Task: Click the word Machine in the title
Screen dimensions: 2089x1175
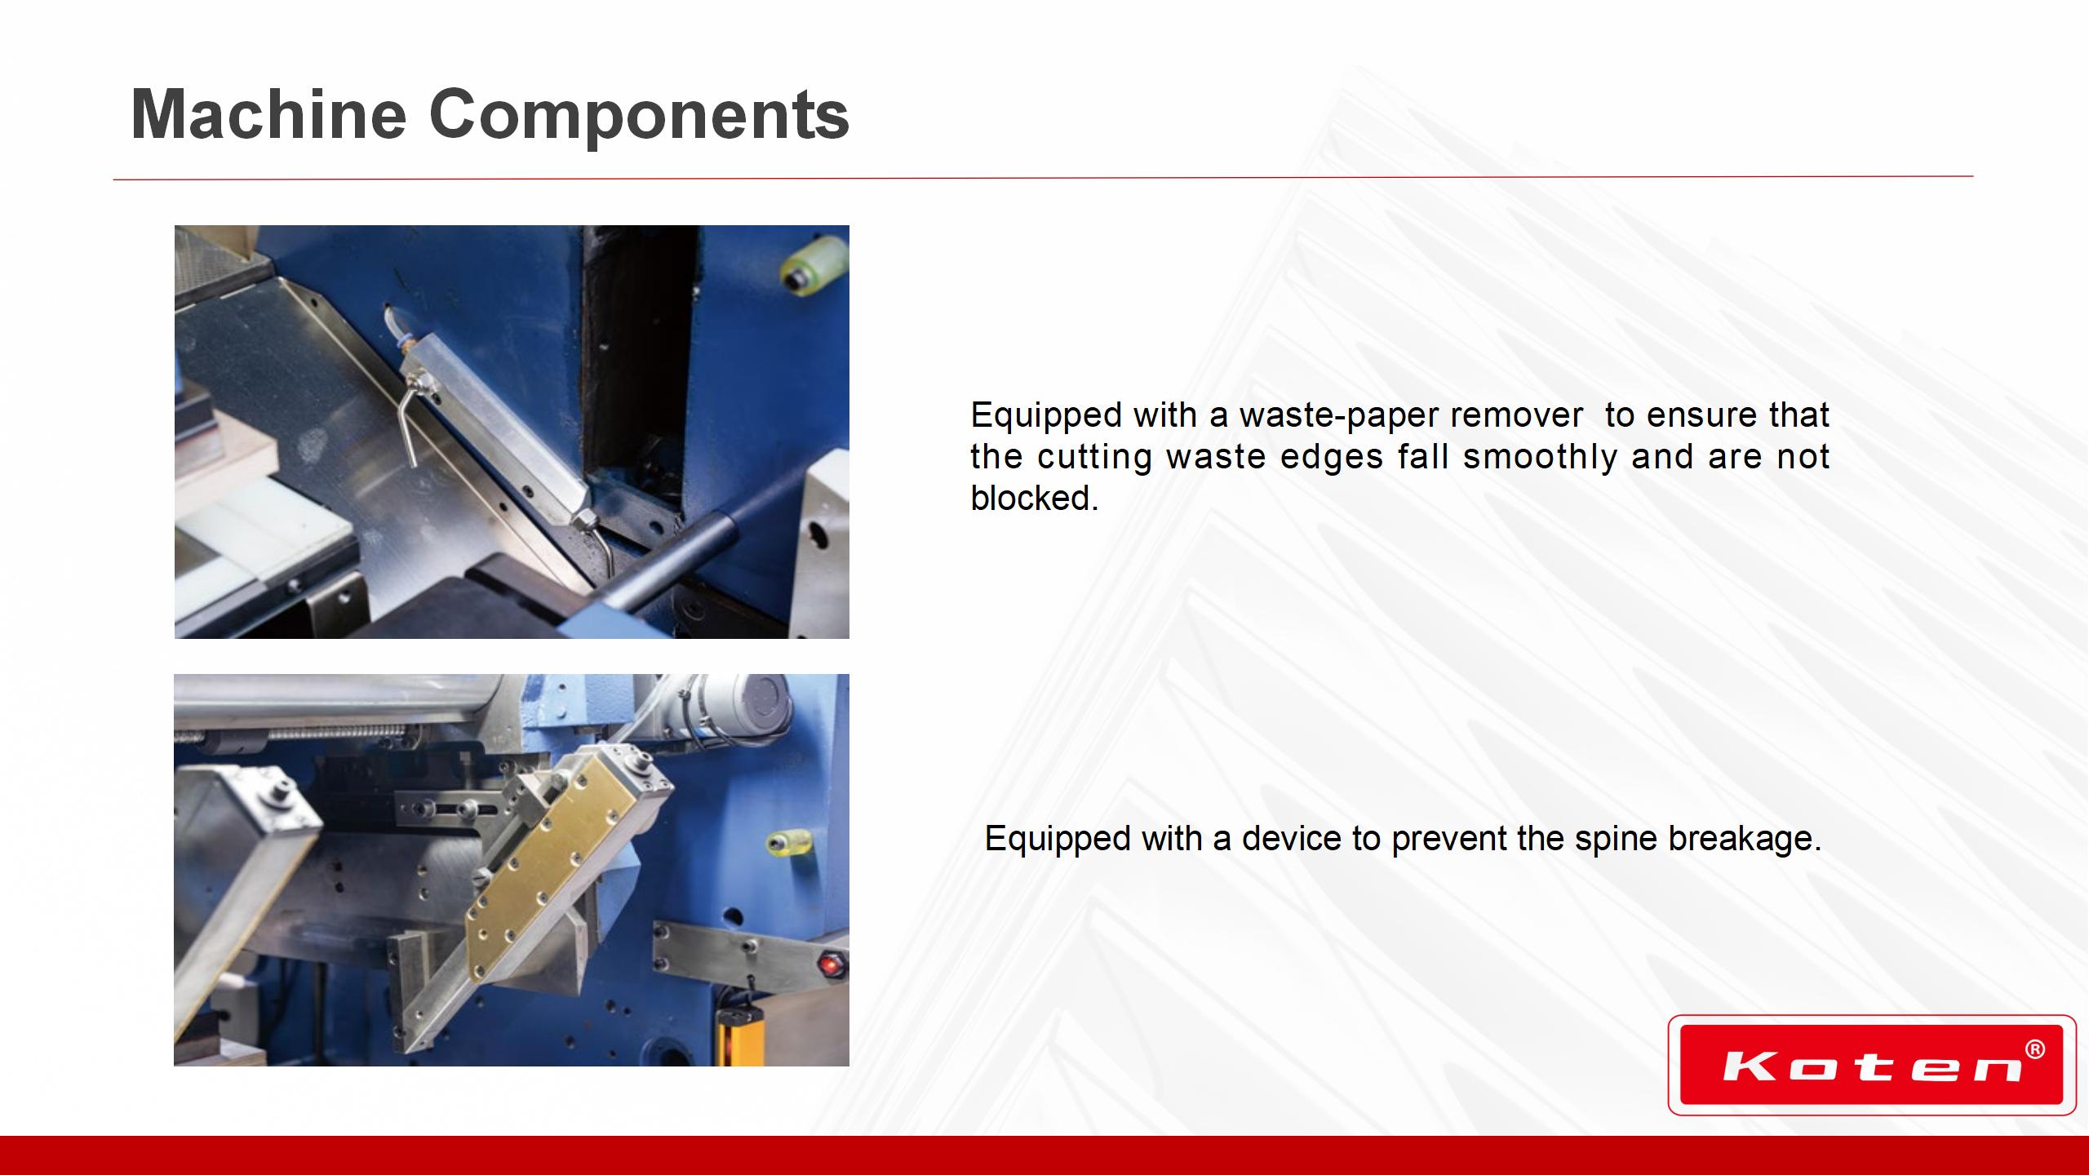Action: [268, 114]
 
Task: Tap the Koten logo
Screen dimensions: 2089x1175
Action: [1871, 1065]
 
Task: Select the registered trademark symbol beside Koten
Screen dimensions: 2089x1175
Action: [2034, 1049]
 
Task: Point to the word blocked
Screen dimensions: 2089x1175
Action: [1034, 498]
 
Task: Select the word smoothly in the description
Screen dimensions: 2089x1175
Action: [1540, 457]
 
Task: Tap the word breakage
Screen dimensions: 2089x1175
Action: [1745, 840]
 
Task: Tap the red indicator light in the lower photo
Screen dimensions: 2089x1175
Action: [832, 964]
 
